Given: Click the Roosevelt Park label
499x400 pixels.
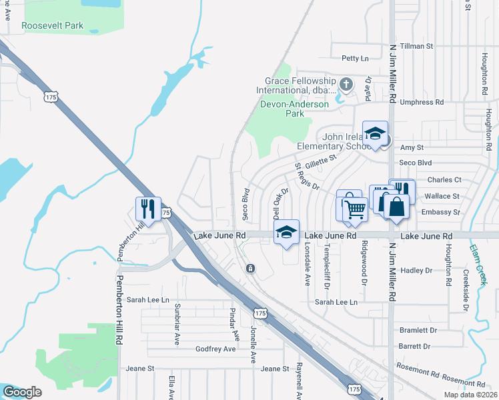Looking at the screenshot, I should [52, 25].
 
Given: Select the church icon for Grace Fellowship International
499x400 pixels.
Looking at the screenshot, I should [346, 83].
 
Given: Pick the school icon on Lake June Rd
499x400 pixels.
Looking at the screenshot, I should [286, 232].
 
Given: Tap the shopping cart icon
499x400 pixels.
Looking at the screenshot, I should [356, 209].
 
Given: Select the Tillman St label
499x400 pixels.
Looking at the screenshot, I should [416, 47].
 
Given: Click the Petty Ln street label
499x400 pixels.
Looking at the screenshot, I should [355, 59].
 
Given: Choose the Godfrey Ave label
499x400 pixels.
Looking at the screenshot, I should [215, 349].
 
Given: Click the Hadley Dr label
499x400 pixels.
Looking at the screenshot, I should [416, 271].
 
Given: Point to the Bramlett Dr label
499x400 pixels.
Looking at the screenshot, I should [418, 330].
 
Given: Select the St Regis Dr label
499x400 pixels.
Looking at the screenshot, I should [308, 177].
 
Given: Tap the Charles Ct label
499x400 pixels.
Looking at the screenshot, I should [444, 180].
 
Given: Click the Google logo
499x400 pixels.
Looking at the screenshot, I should [22, 392].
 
